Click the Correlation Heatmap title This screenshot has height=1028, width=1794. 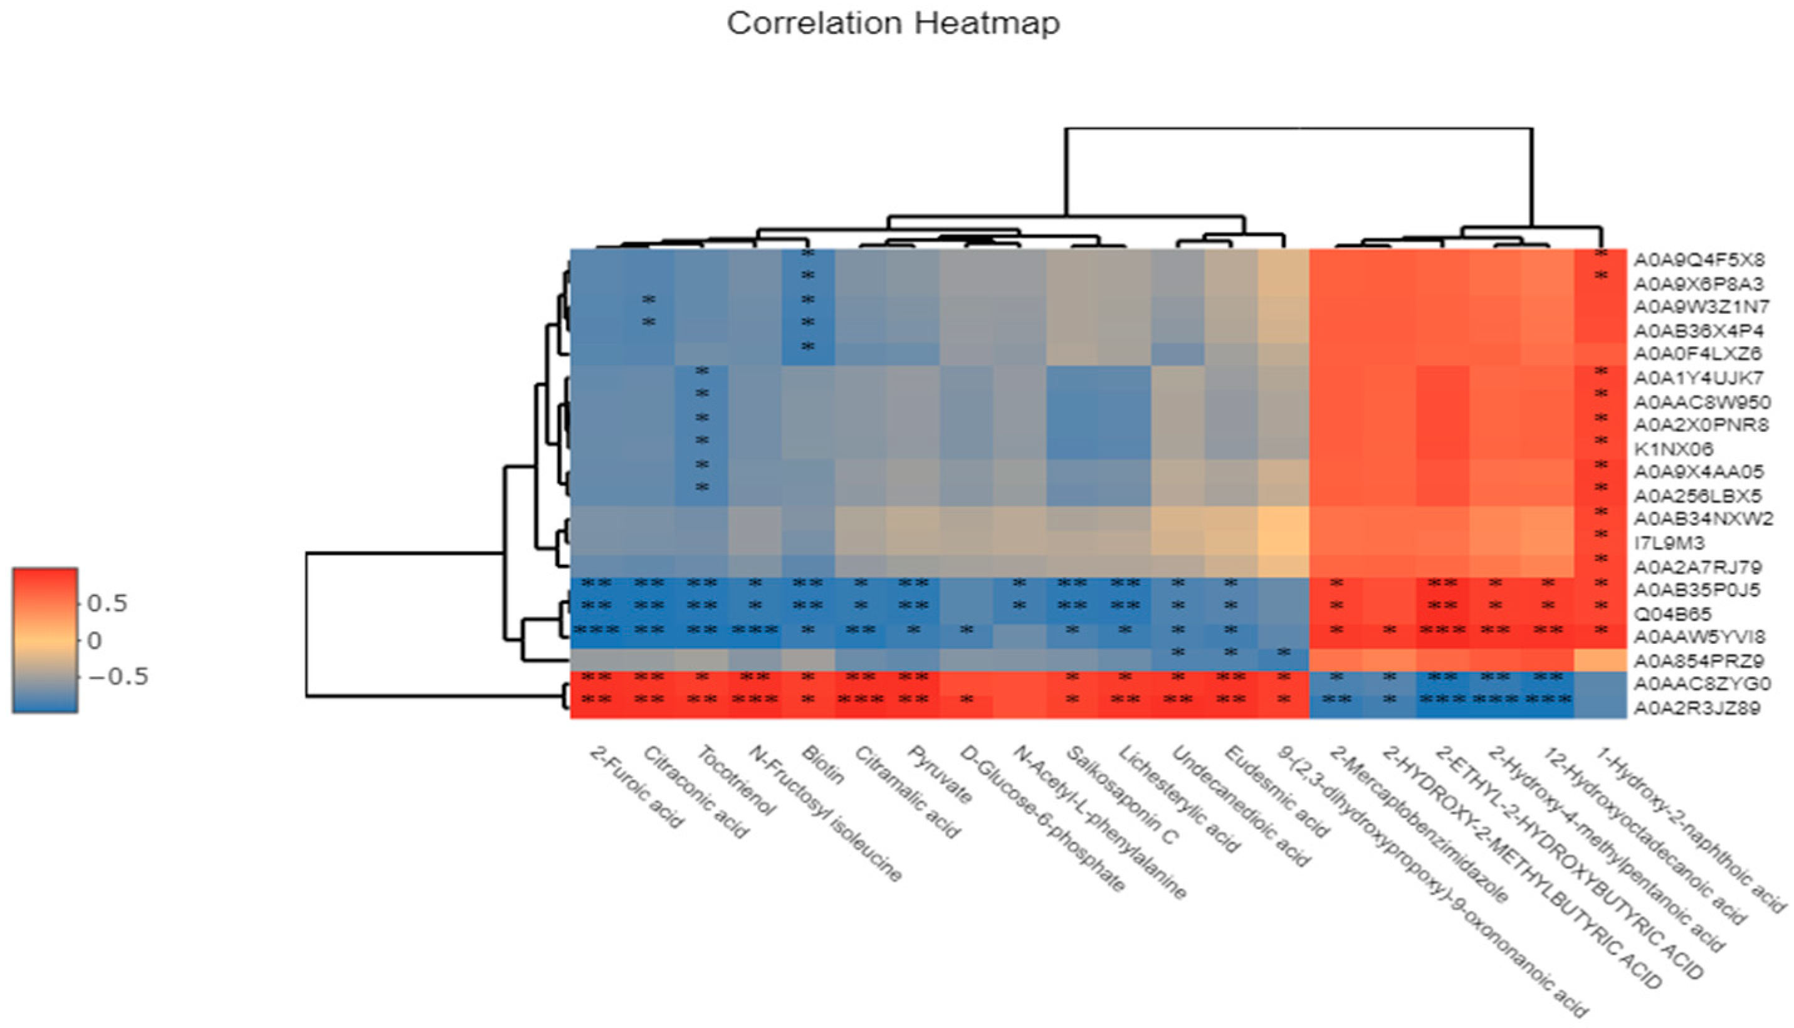893,23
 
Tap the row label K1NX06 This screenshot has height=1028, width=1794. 1672,449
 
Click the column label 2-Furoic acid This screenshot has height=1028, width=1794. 636,787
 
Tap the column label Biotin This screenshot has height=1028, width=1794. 823,765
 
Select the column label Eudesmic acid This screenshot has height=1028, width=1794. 1276,791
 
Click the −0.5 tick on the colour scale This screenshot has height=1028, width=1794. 117,676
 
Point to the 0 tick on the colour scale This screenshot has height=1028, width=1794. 94,641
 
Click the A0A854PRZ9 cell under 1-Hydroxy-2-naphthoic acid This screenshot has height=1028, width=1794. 1600,660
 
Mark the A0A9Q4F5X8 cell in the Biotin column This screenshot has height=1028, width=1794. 809,260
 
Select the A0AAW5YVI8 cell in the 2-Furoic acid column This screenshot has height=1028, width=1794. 597,636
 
